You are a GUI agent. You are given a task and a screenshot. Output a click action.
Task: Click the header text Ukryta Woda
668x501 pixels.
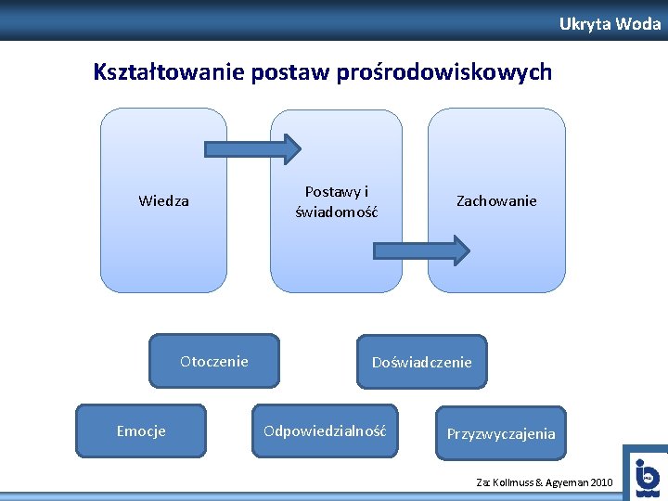(x=610, y=24)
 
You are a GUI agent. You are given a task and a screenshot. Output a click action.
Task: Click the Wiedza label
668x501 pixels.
(x=163, y=200)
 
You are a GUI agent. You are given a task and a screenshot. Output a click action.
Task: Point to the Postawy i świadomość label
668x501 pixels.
(x=336, y=201)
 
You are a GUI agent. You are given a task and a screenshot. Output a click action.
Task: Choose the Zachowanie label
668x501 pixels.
(x=496, y=200)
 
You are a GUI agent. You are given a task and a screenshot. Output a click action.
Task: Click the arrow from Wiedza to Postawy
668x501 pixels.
(x=252, y=148)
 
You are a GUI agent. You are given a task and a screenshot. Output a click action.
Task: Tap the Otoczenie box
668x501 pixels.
(x=214, y=361)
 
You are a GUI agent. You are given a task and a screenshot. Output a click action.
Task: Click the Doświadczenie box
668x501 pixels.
(x=422, y=362)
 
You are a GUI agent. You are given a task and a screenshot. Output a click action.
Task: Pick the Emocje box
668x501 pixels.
(x=141, y=430)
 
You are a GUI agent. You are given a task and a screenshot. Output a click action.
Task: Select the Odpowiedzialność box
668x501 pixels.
(x=325, y=430)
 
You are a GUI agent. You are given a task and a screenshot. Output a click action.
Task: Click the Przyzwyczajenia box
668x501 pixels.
(x=501, y=433)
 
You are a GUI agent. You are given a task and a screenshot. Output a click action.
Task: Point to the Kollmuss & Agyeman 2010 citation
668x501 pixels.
(x=544, y=482)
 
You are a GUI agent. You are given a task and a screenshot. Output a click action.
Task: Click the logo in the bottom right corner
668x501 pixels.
(x=646, y=475)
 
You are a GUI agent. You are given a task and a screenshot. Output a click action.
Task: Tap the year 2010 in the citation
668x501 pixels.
(x=600, y=482)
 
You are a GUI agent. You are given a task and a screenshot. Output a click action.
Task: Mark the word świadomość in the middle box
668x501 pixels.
(x=336, y=212)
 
